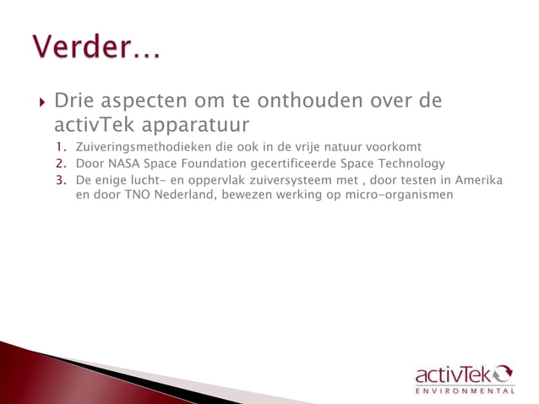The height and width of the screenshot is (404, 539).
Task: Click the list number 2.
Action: coord(61,163)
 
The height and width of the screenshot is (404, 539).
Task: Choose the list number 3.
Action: coord(61,179)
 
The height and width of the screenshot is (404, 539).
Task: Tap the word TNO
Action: coord(134,194)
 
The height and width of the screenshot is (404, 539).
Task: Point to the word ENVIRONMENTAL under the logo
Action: coord(464,391)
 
